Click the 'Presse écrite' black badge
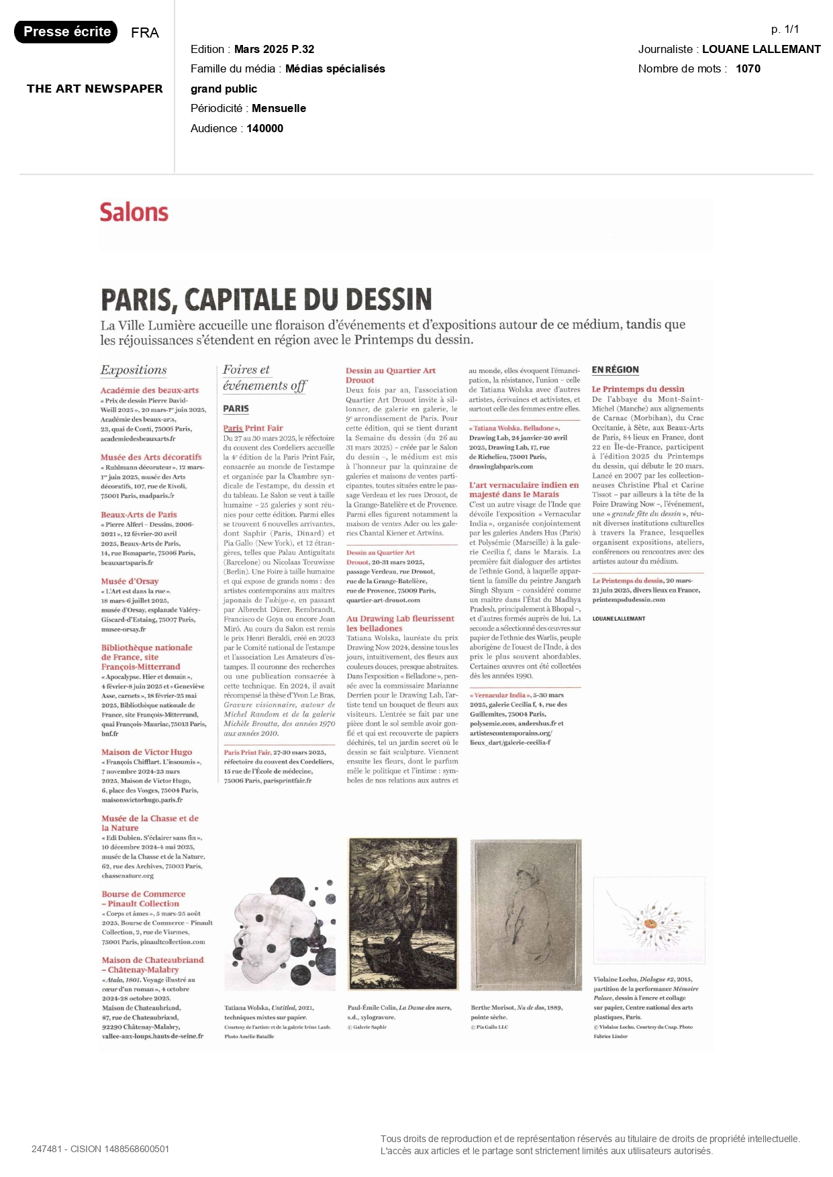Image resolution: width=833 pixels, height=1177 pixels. tap(66, 32)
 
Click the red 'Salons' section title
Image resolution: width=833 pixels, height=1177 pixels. tap(134, 212)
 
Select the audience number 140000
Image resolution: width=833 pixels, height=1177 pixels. tap(264, 128)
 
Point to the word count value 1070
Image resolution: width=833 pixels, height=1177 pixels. tap(748, 68)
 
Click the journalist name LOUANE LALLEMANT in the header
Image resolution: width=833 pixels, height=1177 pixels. tap(761, 49)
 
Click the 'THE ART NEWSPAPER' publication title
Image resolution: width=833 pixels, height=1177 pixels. tap(95, 89)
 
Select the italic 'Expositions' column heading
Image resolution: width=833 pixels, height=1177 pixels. tap(134, 370)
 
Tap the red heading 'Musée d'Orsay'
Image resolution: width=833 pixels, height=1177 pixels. tap(130, 581)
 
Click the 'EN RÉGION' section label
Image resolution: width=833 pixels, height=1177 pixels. tap(615, 370)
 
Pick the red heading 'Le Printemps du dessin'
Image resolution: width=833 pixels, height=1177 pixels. tap(638, 389)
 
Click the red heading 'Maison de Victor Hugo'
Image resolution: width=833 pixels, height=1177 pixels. tap(146, 752)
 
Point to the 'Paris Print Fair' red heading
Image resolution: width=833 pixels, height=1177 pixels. tap(253, 427)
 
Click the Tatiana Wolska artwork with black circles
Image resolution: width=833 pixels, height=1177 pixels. tap(280, 933)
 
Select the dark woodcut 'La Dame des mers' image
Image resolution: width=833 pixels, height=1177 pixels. tap(403, 913)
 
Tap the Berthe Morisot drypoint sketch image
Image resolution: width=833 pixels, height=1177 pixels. tap(526, 914)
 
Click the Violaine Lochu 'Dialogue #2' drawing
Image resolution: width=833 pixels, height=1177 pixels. tap(649, 919)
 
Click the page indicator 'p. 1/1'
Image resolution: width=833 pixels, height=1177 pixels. tap(785, 29)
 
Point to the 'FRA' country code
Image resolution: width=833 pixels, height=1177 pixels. tap(144, 33)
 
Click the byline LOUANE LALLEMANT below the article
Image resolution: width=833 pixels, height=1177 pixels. tap(618, 619)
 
